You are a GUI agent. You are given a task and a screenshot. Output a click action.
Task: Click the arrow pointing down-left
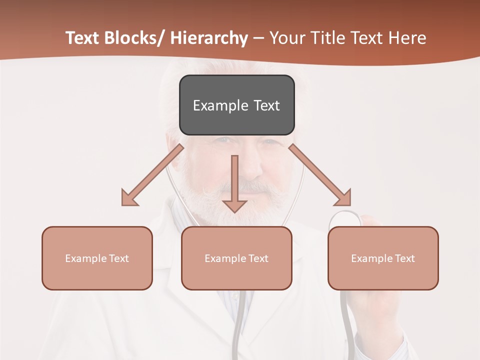coord(152,175)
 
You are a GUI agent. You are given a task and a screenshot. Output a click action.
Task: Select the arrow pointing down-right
coord(320,175)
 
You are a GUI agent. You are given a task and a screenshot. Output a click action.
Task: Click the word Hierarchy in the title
coord(209,38)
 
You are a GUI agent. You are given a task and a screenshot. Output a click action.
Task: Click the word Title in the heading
coord(327,38)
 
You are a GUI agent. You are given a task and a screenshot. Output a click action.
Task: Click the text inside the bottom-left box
coord(97,258)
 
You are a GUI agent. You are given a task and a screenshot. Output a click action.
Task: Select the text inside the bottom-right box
coord(383,258)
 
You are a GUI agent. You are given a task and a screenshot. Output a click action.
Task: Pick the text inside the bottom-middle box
coord(236,258)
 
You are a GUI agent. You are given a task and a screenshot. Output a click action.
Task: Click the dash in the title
coord(258,38)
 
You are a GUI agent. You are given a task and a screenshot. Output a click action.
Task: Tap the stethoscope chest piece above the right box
coord(345,218)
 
